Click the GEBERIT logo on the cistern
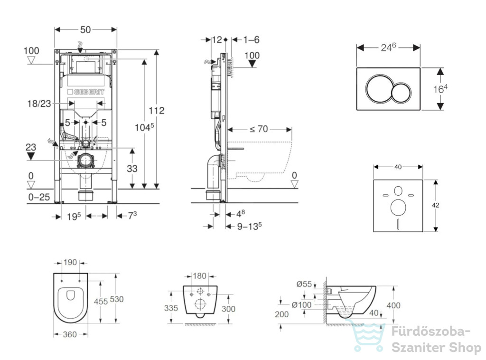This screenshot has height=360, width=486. click(86, 92)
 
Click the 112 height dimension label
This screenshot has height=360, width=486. click(157, 110)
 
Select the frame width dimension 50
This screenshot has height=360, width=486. click(85, 30)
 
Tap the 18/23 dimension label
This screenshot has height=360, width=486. click(39, 104)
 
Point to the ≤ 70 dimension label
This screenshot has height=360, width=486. click(259, 129)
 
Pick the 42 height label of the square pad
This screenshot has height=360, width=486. click(436, 205)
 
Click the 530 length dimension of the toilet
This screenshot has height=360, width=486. click(117, 299)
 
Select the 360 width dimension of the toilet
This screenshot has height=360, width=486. click(70, 334)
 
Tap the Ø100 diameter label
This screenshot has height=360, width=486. click(301, 305)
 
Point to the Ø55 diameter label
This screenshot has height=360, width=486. click(304, 284)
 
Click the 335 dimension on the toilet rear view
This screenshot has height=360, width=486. click(171, 308)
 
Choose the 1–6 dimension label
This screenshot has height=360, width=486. click(252, 40)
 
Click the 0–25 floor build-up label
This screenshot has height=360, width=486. click(39, 197)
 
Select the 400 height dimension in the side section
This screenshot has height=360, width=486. click(393, 305)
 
